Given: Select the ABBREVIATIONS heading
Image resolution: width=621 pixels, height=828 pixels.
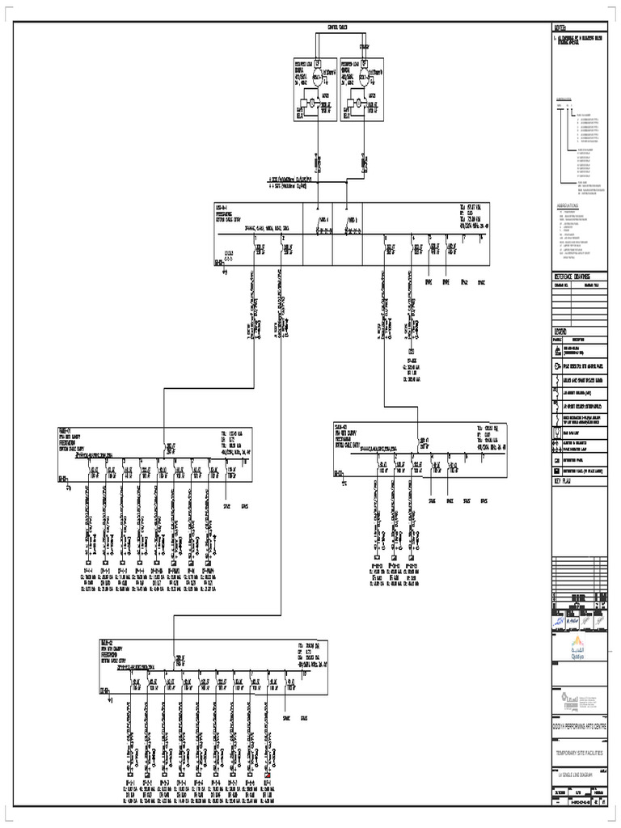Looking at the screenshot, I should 570,206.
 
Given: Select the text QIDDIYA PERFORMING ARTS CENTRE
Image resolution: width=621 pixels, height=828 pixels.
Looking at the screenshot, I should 578,725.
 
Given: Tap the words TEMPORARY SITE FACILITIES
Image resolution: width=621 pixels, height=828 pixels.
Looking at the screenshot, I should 578,753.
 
